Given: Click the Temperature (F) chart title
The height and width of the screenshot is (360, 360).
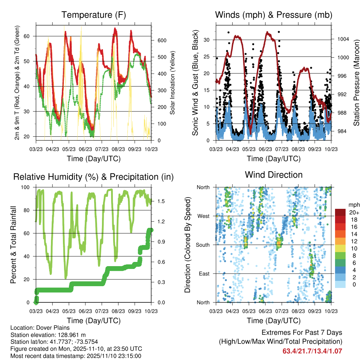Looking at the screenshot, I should (94, 15).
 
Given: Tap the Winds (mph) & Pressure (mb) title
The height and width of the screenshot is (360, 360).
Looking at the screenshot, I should (274, 15).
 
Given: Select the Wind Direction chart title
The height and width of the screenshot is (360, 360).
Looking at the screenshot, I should (274, 175).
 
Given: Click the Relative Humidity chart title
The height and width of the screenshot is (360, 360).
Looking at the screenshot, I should (94, 177).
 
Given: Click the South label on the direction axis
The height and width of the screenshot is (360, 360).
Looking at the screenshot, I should (203, 245).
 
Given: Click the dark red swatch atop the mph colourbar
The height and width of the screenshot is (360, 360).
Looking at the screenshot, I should (341, 212).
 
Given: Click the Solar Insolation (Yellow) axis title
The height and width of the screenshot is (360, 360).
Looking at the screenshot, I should (173, 83).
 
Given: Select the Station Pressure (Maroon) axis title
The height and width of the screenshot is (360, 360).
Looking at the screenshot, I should (356, 83).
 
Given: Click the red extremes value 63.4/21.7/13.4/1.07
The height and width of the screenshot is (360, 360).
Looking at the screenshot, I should (312, 351).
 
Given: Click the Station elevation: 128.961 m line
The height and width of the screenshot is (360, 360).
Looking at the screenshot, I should (48, 335).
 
